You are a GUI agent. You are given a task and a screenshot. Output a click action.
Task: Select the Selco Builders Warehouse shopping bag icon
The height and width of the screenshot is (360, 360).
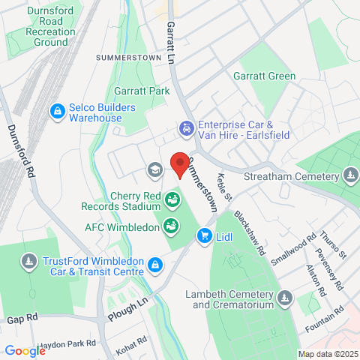(56, 112)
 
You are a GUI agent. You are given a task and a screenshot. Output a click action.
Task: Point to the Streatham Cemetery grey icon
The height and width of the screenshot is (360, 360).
(350, 176)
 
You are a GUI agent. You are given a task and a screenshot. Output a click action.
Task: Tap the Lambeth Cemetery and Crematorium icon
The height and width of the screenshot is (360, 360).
(284, 299)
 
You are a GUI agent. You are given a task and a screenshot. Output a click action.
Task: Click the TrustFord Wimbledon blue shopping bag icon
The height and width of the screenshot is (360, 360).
(154, 264)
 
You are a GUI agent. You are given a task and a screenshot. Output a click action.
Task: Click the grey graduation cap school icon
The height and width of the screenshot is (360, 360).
(154, 169)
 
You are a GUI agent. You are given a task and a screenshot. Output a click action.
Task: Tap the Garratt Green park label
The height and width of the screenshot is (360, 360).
(263, 76)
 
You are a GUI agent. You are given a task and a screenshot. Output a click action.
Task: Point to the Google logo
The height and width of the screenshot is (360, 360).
(25, 350)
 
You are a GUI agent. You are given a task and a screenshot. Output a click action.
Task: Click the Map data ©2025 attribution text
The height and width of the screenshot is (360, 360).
(327, 354)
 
